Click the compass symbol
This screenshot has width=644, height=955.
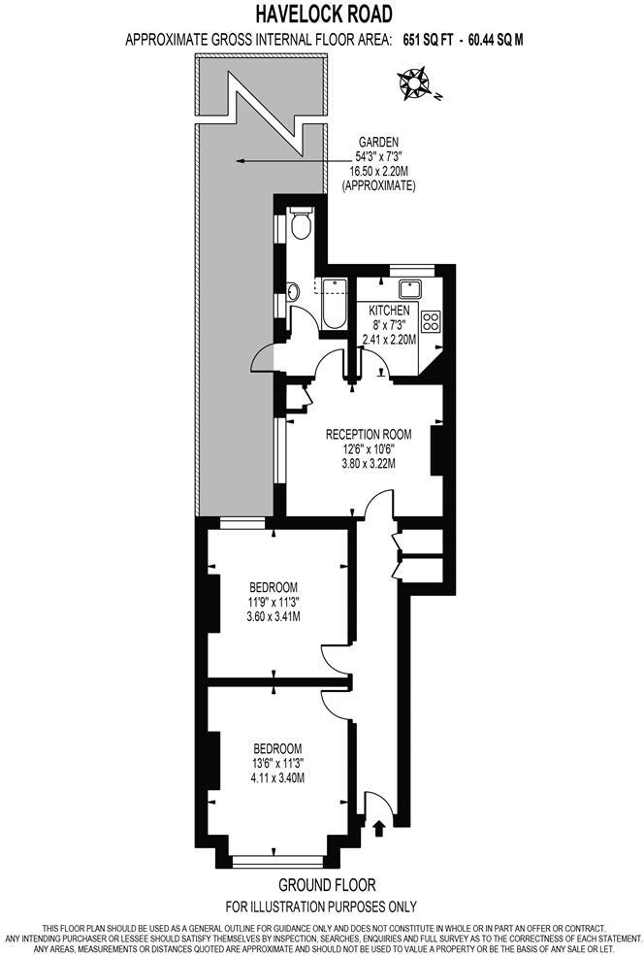(415, 83)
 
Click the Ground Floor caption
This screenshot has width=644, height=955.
(326, 885)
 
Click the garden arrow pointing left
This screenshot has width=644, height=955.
(291, 161)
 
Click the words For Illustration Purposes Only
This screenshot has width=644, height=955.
(321, 906)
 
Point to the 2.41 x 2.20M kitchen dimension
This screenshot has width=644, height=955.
(388, 340)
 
